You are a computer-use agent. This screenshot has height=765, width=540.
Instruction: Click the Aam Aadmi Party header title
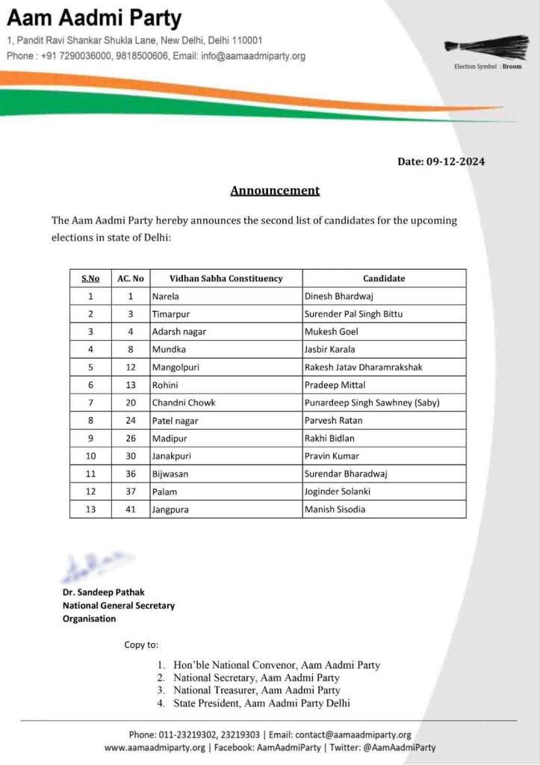[x=94, y=18]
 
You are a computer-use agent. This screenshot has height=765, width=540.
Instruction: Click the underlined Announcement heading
[x=275, y=191]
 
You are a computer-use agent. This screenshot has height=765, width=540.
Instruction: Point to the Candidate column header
[x=384, y=279]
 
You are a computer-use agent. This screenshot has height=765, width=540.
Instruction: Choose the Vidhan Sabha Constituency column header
[x=226, y=279]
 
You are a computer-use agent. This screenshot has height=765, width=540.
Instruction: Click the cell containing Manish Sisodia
[x=335, y=510]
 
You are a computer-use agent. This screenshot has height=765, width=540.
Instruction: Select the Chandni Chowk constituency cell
[x=184, y=403]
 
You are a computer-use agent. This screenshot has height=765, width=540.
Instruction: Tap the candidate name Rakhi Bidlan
[x=330, y=438]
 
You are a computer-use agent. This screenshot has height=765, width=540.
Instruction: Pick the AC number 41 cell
[x=130, y=510]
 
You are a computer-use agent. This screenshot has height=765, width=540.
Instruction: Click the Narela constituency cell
[x=165, y=297]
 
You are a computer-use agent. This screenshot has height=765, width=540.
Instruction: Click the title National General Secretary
[x=119, y=605]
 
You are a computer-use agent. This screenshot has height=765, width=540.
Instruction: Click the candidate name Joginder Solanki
[x=337, y=492]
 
